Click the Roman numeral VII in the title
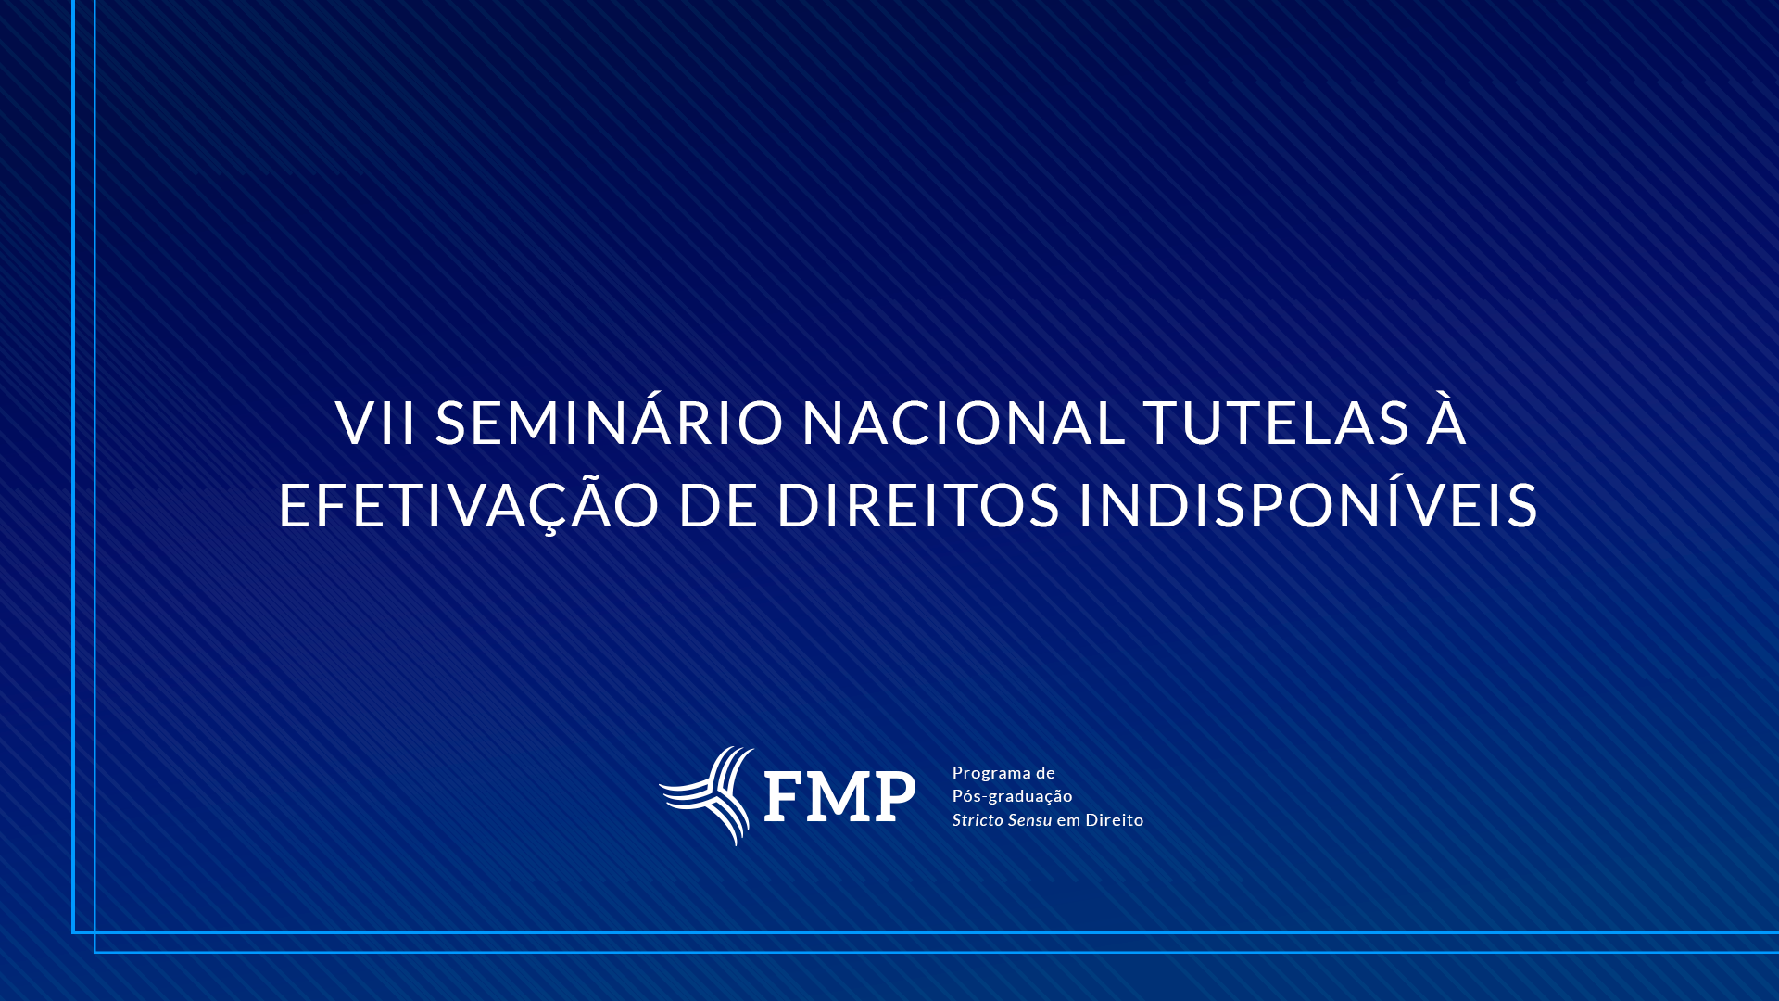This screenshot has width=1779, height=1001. click(375, 423)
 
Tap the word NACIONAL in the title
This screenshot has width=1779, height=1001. click(964, 423)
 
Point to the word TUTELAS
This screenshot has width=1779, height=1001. click(1276, 423)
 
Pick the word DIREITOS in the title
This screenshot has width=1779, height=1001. click(917, 505)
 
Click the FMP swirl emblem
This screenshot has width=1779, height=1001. click(707, 796)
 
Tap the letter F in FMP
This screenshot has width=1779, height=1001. click(784, 796)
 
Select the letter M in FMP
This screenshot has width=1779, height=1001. click(839, 796)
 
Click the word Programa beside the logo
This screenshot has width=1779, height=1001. click(991, 774)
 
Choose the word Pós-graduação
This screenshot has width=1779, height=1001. click(1013, 797)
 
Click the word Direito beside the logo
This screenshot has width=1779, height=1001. click(1115, 820)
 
